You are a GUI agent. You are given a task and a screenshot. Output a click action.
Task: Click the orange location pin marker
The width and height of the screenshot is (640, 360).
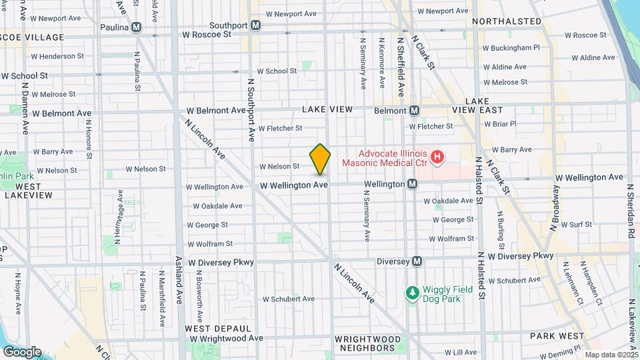tap(321, 159)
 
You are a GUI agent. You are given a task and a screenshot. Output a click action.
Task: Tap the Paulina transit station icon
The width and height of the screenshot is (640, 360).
tap(136, 27)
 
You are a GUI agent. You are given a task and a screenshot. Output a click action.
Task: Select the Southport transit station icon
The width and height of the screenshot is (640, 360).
tap(257, 25)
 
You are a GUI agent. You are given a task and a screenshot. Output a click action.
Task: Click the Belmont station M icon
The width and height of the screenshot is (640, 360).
tap(414, 110)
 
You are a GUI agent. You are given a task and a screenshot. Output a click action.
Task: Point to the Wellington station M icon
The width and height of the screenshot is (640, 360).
tap(413, 183)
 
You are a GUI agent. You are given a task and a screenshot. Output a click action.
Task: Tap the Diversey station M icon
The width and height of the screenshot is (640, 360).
tap(417, 261)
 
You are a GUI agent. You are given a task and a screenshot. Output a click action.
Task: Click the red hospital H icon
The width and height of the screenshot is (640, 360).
tap(437, 157)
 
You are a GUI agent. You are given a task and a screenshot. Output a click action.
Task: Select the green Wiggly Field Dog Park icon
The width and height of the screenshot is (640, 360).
tap(412, 293)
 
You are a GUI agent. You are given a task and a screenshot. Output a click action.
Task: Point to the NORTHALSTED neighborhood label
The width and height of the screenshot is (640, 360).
tap(506, 21)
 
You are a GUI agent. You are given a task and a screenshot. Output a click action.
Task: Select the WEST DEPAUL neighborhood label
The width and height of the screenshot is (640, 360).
tap(209, 329)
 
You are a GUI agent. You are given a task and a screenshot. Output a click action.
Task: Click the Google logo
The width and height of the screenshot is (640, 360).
tap(22, 351)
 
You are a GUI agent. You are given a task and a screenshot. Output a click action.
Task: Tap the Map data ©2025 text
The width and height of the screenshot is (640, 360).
tap(611, 355)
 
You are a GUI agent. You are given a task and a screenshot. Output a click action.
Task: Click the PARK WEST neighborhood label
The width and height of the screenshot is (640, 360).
tap(557, 336)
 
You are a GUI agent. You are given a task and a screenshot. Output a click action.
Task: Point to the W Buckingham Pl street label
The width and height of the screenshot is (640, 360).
tap(511, 48)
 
